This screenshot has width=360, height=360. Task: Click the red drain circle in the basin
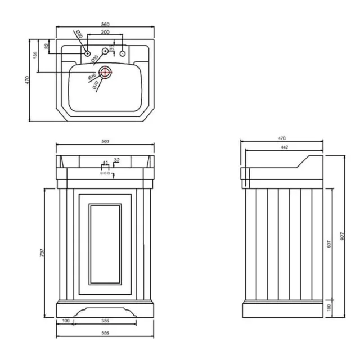point(105,72)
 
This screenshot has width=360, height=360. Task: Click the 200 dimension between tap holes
point(105,33)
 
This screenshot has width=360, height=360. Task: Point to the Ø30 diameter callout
point(79,35)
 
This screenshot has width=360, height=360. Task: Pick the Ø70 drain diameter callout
point(96,84)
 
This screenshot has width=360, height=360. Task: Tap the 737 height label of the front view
point(42,253)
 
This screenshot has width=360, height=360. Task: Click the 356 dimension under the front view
point(106,321)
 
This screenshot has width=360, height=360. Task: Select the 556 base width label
point(106,332)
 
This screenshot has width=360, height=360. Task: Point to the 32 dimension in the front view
point(116,160)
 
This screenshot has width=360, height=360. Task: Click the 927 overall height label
point(343,236)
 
